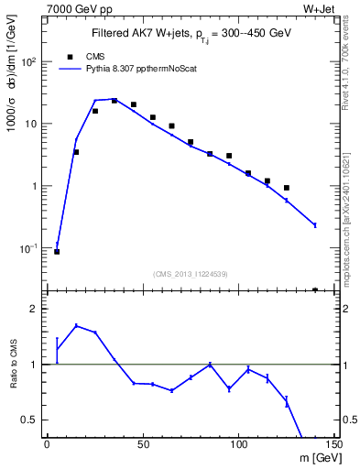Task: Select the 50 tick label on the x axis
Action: (143, 445)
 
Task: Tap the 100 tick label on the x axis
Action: (238, 445)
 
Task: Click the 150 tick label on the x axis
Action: (333, 445)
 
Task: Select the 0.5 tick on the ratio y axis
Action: (29, 420)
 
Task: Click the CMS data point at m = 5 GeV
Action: (57, 251)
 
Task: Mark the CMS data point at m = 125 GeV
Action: (287, 188)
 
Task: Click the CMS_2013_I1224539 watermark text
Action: (191, 273)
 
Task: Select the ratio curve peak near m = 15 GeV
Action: (76, 325)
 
